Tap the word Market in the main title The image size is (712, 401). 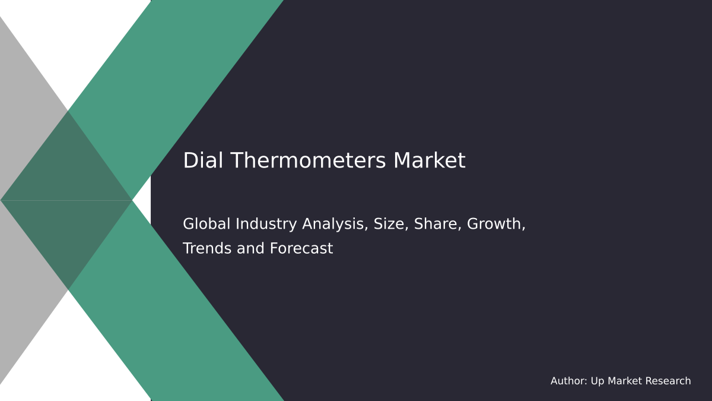(429, 161)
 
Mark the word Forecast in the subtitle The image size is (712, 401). (301, 249)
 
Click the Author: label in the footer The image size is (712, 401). (568, 381)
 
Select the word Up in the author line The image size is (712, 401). (597, 381)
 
